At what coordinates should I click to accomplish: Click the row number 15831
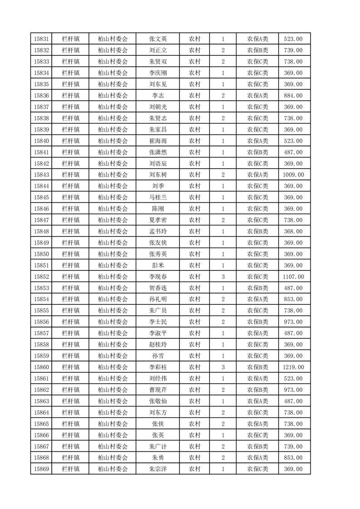[41, 39]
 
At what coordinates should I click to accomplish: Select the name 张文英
[158, 39]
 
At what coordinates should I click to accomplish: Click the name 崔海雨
[158, 141]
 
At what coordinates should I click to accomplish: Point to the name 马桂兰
[158, 197]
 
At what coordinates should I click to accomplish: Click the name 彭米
[158, 265]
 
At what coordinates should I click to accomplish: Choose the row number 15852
[41, 277]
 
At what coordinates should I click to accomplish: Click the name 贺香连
[158, 288]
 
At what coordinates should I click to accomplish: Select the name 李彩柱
[158, 367]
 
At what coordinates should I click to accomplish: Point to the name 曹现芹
[158, 390]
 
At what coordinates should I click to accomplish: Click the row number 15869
[41, 469]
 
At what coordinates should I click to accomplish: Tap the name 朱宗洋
[158, 469]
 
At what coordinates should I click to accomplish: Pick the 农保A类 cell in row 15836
[257, 96]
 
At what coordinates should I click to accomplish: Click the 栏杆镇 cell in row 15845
[70, 197]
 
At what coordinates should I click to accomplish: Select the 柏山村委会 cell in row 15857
[113, 333]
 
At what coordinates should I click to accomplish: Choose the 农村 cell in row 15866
[195, 435]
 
